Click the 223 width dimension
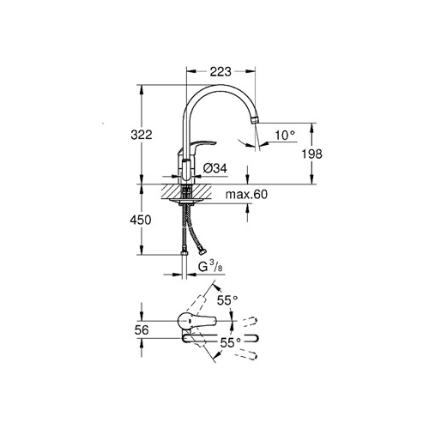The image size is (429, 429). [221, 71]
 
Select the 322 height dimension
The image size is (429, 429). [142, 135]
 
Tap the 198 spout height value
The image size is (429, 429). [312, 154]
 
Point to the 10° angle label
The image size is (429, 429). [285, 135]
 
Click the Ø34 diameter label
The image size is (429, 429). [215, 168]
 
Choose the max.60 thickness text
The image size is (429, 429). [246, 195]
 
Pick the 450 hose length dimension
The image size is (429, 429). [141, 220]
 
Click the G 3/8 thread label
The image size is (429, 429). [210, 267]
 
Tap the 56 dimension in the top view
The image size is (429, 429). [142, 330]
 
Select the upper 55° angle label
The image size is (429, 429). [227, 300]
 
